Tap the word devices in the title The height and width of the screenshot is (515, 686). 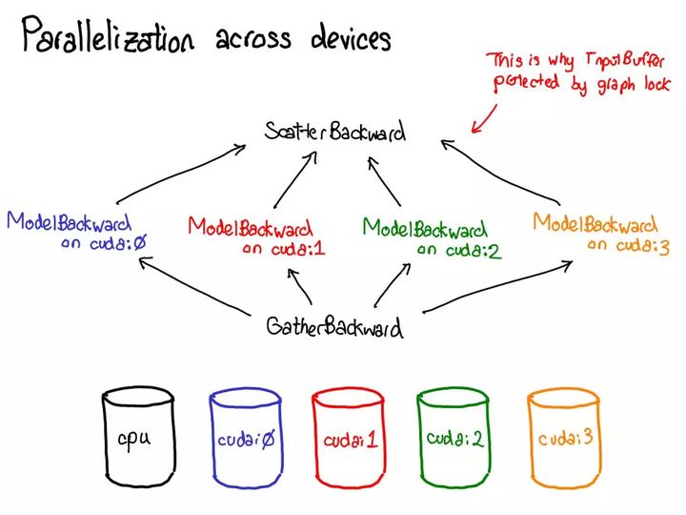351,38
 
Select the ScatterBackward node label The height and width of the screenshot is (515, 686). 335,133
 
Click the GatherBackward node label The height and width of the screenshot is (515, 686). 333,327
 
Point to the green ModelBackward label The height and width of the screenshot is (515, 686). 424,228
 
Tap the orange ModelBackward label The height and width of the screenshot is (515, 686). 595,224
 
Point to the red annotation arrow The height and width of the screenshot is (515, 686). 484,116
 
